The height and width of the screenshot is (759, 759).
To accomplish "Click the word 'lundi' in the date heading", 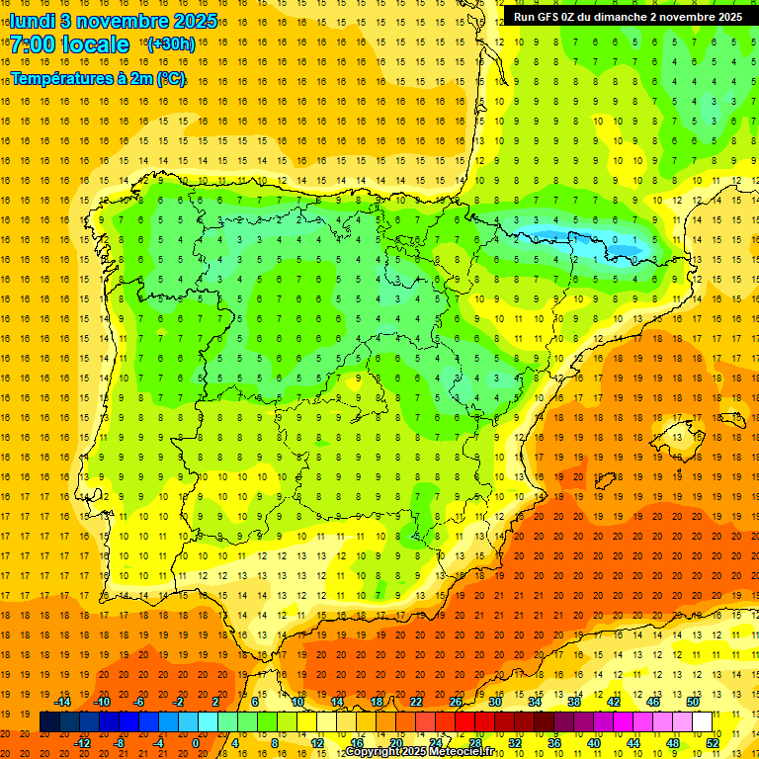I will [33, 21].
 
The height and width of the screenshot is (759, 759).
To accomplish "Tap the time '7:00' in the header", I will [33, 44].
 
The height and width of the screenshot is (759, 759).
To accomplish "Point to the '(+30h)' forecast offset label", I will [170, 44].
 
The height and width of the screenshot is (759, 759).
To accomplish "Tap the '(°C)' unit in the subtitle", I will [170, 78].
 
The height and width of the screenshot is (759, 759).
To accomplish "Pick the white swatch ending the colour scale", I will [702, 722].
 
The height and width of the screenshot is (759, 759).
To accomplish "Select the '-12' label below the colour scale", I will [82, 743].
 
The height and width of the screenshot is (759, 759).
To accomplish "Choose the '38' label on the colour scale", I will [574, 702].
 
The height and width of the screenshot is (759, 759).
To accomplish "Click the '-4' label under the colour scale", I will [159, 743].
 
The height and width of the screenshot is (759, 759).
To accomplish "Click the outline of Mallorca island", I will [677, 433].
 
